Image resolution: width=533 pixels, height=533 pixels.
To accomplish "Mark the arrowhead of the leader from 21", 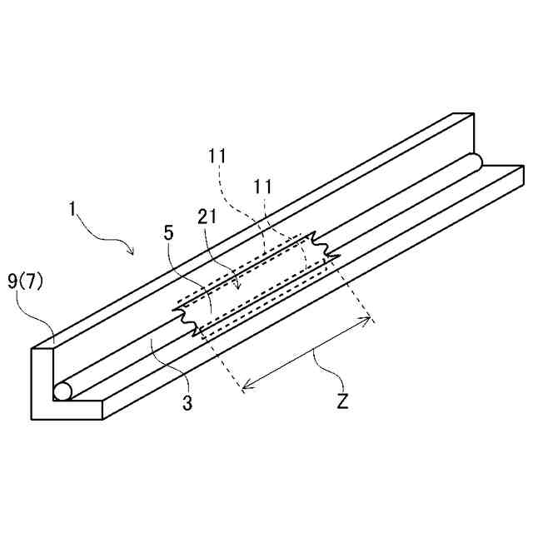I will click(x=240, y=288).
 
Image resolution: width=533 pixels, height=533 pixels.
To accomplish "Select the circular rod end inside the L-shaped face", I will click(x=62, y=391).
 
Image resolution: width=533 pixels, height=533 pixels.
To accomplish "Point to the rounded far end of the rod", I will click(x=476, y=160).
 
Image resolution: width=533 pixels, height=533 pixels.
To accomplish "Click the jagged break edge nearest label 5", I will click(x=187, y=321).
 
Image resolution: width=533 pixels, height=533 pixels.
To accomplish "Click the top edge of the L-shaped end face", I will click(x=42, y=347).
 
